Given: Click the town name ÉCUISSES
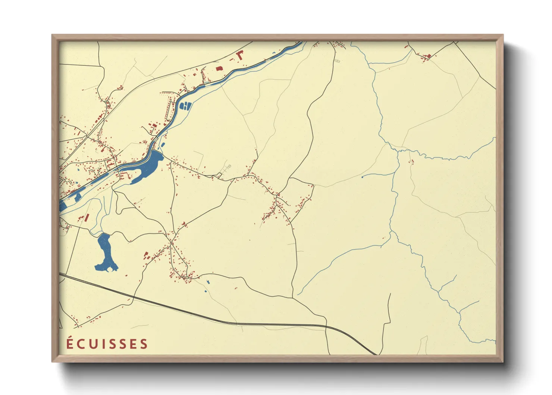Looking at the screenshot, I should coord(107,343).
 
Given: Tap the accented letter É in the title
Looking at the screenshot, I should coord(70,343).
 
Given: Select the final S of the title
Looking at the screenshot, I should coord(144,344).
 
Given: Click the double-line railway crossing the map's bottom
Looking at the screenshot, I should coord(224,321).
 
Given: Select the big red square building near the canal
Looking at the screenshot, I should coord(219,69).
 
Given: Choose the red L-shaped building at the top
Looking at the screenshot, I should coord(239,56).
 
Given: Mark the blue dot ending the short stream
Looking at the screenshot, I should coord(362,177).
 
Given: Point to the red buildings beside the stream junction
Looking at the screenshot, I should coord(412,162).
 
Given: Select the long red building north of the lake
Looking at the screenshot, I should coord(87,217).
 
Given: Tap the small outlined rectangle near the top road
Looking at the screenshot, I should coord(337,60).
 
